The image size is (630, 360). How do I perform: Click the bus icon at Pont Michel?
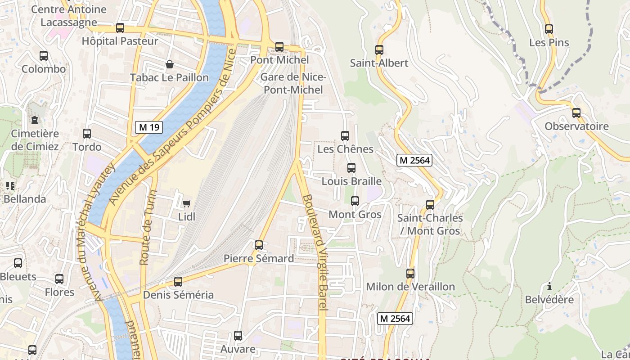pyautogui.click(x=279, y=46)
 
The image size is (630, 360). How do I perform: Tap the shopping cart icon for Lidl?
pyautogui.click(x=186, y=203)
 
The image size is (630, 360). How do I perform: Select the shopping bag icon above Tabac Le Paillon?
pyautogui.click(x=170, y=64)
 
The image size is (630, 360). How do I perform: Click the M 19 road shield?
pyautogui.click(x=149, y=127)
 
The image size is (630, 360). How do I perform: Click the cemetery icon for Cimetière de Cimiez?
pyautogui.click(x=35, y=120)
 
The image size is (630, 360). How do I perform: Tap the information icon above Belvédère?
pyautogui.click(x=549, y=286)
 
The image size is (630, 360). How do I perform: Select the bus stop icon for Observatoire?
pyautogui.click(x=576, y=113)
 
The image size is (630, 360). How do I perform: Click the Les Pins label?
pyautogui.click(x=549, y=43)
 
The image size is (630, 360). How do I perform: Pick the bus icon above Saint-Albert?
pyautogui.click(x=379, y=50)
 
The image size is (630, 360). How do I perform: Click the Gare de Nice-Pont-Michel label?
pyautogui.click(x=293, y=83)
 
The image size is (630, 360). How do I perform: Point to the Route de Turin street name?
pyautogui.click(x=148, y=227)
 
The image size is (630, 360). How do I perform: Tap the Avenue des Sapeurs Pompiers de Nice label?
pyautogui.click(x=173, y=127)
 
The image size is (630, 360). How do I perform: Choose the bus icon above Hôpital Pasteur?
pyautogui.click(x=120, y=28)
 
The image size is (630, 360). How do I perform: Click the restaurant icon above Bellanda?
pyautogui.click(x=10, y=185)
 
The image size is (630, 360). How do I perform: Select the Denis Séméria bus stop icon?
pyautogui.click(x=178, y=282)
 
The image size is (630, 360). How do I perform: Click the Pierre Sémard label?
pyautogui.click(x=259, y=259)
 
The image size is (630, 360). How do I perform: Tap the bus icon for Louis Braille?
pyautogui.click(x=351, y=168)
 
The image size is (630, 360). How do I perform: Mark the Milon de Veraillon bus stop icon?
pyautogui.click(x=410, y=273)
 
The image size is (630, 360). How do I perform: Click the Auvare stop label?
pyautogui.click(x=238, y=349)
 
